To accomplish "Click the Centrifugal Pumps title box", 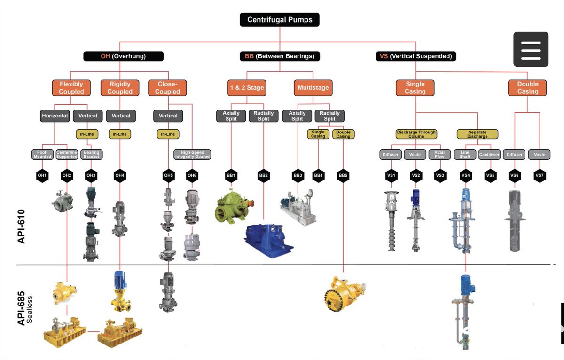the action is [280, 20].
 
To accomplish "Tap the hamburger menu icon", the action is [531, 50].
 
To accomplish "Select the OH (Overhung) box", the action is [123, 56].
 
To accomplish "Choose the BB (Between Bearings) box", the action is [280, 56].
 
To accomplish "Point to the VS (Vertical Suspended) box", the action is [416, 56].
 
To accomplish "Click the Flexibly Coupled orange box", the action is [71, 88].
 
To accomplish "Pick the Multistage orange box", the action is [313, 88].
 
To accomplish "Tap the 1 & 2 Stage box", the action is [247, 88].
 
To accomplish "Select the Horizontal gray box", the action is [55, 116].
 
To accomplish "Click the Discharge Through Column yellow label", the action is [416, 134].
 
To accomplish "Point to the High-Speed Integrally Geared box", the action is [192, 154].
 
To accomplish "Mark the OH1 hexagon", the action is [42, 175].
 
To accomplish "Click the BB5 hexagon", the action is [343, 175].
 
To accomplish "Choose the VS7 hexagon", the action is [540, 175].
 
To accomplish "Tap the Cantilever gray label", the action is [489, 154].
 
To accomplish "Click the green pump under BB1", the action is [234, 206].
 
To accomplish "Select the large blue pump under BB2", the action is [269, 241].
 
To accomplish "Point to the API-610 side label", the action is [22, 227].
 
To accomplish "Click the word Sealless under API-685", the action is [30, 309].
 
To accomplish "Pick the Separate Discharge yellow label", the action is [478, 134].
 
